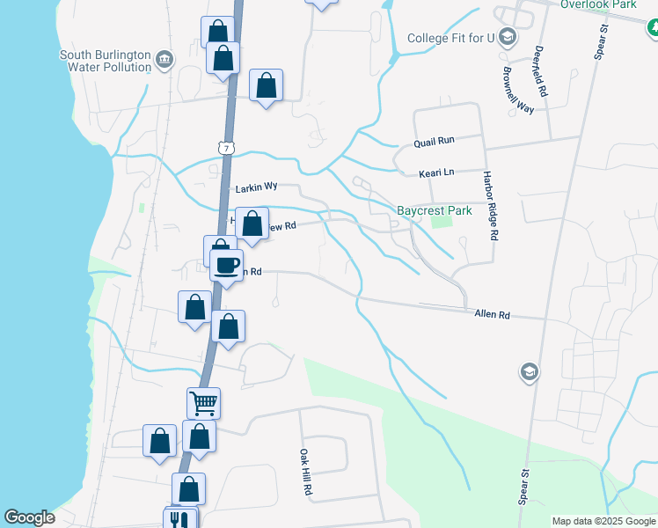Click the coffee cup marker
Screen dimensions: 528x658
(x=226, y=264)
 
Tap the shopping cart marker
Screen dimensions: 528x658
(x=203, y=403)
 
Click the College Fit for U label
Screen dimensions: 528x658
(x=451, y=38)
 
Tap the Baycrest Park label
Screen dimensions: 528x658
(x=435, y=210)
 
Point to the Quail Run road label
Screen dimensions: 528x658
(x=435, y=141)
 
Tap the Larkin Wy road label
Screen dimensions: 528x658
(x=257, y=188)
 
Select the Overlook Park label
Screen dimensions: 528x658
(x=598, y=4)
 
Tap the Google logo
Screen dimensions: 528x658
(x=30, y=517)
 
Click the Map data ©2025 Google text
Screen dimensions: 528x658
(x=603, y=521)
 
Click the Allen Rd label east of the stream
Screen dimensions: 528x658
(x=493, y=314)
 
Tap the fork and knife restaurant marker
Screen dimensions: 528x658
(x=179, y=520)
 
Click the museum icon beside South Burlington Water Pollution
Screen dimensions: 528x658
(x=164, y=61)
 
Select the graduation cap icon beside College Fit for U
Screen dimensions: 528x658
(x=508, y=37)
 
